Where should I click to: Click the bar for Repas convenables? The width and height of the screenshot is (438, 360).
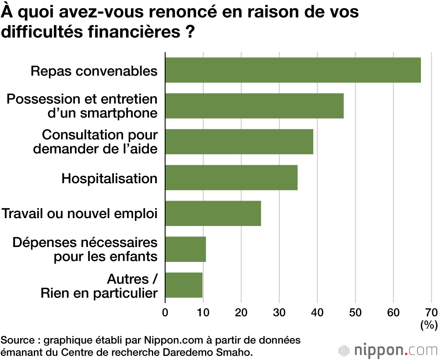click(293, 70)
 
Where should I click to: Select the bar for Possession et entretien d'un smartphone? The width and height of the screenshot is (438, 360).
click(254, 106)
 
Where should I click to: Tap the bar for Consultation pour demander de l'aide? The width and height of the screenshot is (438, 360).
click(239, 141)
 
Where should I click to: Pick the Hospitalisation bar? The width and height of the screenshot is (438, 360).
click(231, 177)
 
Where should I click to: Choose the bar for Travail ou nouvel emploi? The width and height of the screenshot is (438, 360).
click(213, 213)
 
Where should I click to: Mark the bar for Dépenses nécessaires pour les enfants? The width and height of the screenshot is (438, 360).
click(185, 249)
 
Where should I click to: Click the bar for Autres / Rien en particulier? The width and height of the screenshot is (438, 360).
click(184, 285)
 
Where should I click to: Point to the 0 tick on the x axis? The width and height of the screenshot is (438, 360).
click(165, 312)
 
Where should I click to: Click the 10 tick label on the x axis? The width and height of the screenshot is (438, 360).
click(203, 312)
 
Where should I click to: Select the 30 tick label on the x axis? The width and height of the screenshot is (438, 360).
click(279, 312)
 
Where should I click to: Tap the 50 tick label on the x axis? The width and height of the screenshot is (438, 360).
click(355, 312)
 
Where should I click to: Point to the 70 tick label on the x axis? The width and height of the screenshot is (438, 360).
click(431, 312)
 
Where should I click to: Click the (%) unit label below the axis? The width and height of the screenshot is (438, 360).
click(428, 325)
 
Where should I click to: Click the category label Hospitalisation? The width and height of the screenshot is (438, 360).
click(109, 178)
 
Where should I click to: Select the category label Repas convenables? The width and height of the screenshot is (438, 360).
click(94, 71)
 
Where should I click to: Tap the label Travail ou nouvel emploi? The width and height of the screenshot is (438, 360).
click(79, 214)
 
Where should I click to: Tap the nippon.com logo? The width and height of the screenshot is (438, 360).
click(388, 350)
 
